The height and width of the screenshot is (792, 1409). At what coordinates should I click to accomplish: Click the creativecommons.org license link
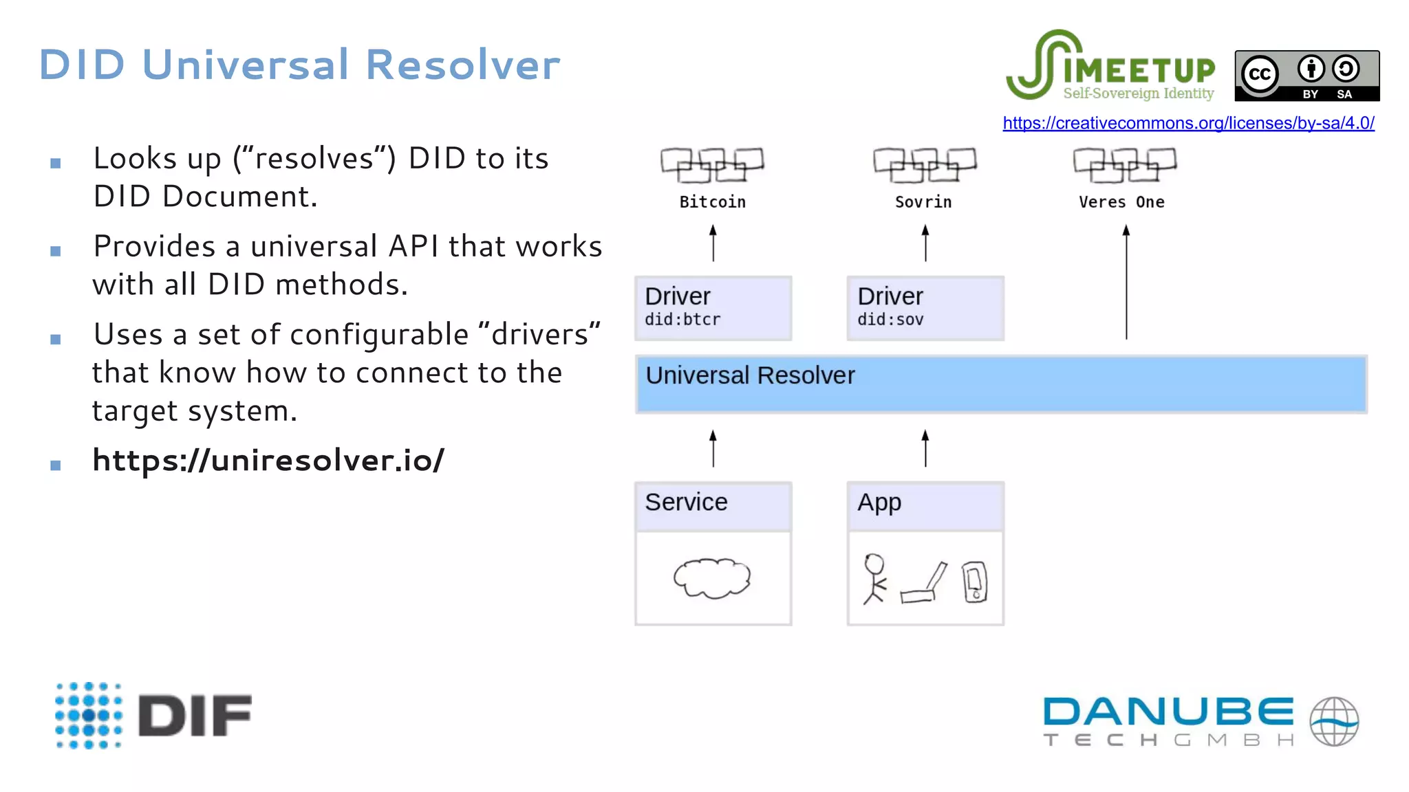(1188, 123)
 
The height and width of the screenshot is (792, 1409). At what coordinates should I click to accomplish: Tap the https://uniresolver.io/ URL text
(268, 460)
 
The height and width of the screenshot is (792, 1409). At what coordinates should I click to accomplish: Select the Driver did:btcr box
(713, 308)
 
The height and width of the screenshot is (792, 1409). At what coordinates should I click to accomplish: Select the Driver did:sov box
(925, 308)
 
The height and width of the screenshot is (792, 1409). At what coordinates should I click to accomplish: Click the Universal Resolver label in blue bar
(750, 375)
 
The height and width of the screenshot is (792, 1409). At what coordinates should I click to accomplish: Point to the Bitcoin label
(712, 202)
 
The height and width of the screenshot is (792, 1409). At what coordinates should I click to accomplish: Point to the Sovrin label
(923, 202)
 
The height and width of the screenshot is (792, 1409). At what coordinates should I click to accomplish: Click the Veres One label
(1121, 202)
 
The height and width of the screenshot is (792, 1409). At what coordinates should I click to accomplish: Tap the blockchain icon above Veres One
(1125, 165)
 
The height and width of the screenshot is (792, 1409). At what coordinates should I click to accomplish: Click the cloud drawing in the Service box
(712, 577)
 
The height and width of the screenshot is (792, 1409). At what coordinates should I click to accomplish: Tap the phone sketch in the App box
(975, 582)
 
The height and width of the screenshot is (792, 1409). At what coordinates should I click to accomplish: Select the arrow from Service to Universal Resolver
(713, 448)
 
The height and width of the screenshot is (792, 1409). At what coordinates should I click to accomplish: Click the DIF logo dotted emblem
(89, 715)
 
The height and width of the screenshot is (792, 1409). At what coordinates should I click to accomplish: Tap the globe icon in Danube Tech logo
(1334, 721)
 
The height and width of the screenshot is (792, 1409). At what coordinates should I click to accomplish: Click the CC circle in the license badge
(1260, 74)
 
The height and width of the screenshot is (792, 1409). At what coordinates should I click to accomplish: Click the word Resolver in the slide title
(462, 65)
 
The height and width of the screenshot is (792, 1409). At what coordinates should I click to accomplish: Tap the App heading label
(879, 503)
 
